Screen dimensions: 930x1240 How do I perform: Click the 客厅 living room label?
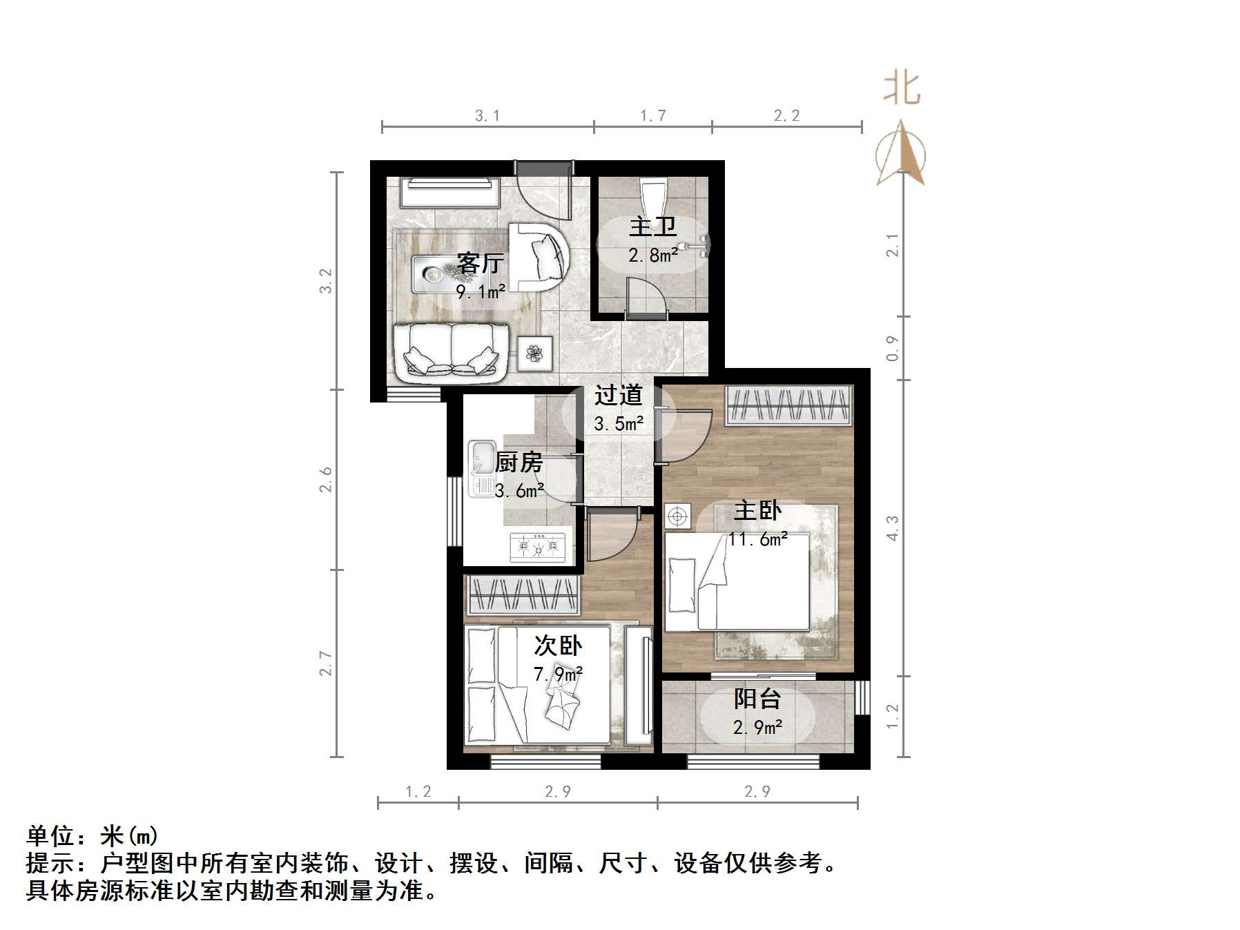[x=480, y=263]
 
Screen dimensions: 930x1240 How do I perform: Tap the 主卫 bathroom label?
[x=652, y=227]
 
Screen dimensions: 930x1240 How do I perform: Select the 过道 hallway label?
[x=619, y=396]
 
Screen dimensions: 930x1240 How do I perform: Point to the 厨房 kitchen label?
[x=519, y=463]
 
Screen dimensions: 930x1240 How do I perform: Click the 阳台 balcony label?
[x=757, y=699]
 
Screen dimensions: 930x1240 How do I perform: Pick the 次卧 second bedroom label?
[x=558, y=646]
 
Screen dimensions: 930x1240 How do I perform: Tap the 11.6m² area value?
[x=758, y=539]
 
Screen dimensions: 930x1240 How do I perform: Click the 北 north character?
[x=902, y=89]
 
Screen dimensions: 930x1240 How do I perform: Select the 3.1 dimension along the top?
[x=487, y=116]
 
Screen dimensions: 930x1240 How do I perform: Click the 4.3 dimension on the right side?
[x=893, y=528]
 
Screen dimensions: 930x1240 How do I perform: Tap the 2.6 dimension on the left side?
[x=326, y=480]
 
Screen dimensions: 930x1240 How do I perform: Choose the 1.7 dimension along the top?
[x=652, y=116]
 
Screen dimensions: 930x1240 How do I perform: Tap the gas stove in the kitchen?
[x=537, y=548]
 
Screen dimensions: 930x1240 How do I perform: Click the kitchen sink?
[x=481, y=468]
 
